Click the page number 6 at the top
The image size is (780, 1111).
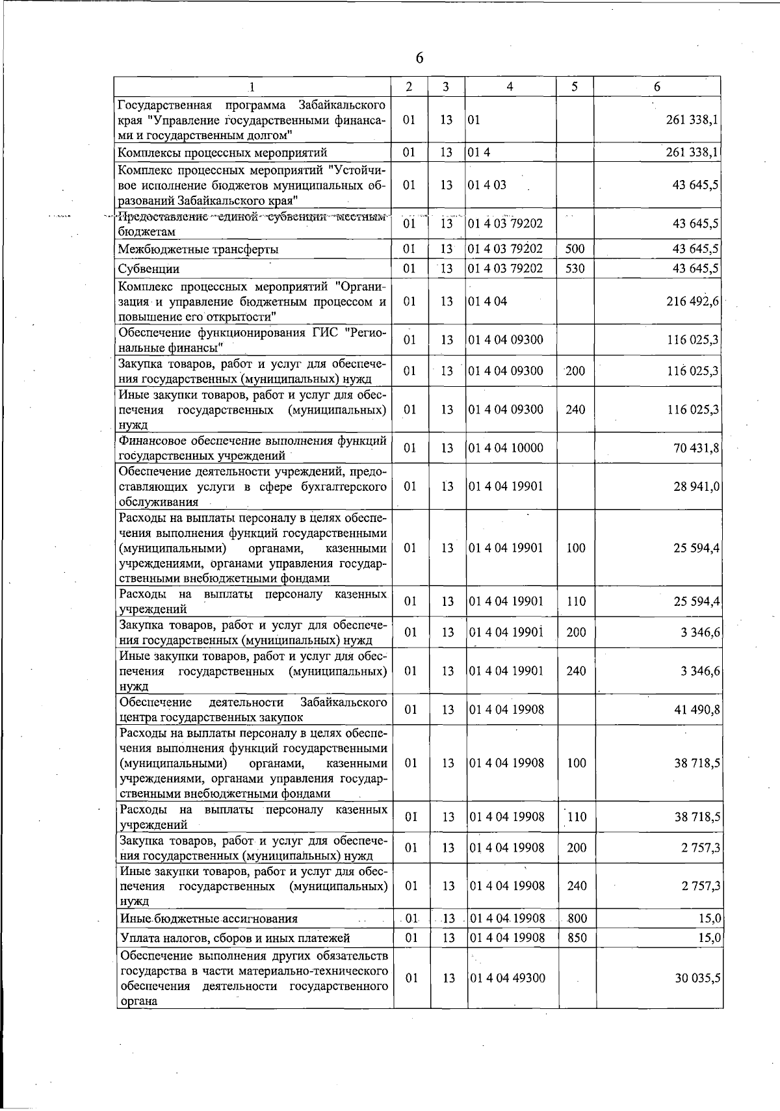click(419, 59)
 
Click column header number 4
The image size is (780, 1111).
click(510, 86)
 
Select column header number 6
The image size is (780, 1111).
click(657, 86)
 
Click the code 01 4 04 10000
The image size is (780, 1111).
click(506, 448)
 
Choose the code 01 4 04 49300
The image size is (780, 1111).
click(507, 978)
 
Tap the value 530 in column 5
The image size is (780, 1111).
click(575, 268)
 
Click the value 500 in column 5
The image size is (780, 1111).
click(575, 249)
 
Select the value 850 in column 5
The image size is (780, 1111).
click(576, 937)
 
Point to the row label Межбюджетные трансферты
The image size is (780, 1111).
click(198, 250)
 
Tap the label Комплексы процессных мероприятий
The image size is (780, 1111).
click(222, 153)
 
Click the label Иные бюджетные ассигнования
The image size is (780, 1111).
click(209, 919)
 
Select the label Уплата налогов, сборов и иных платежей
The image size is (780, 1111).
click(235, 938)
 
